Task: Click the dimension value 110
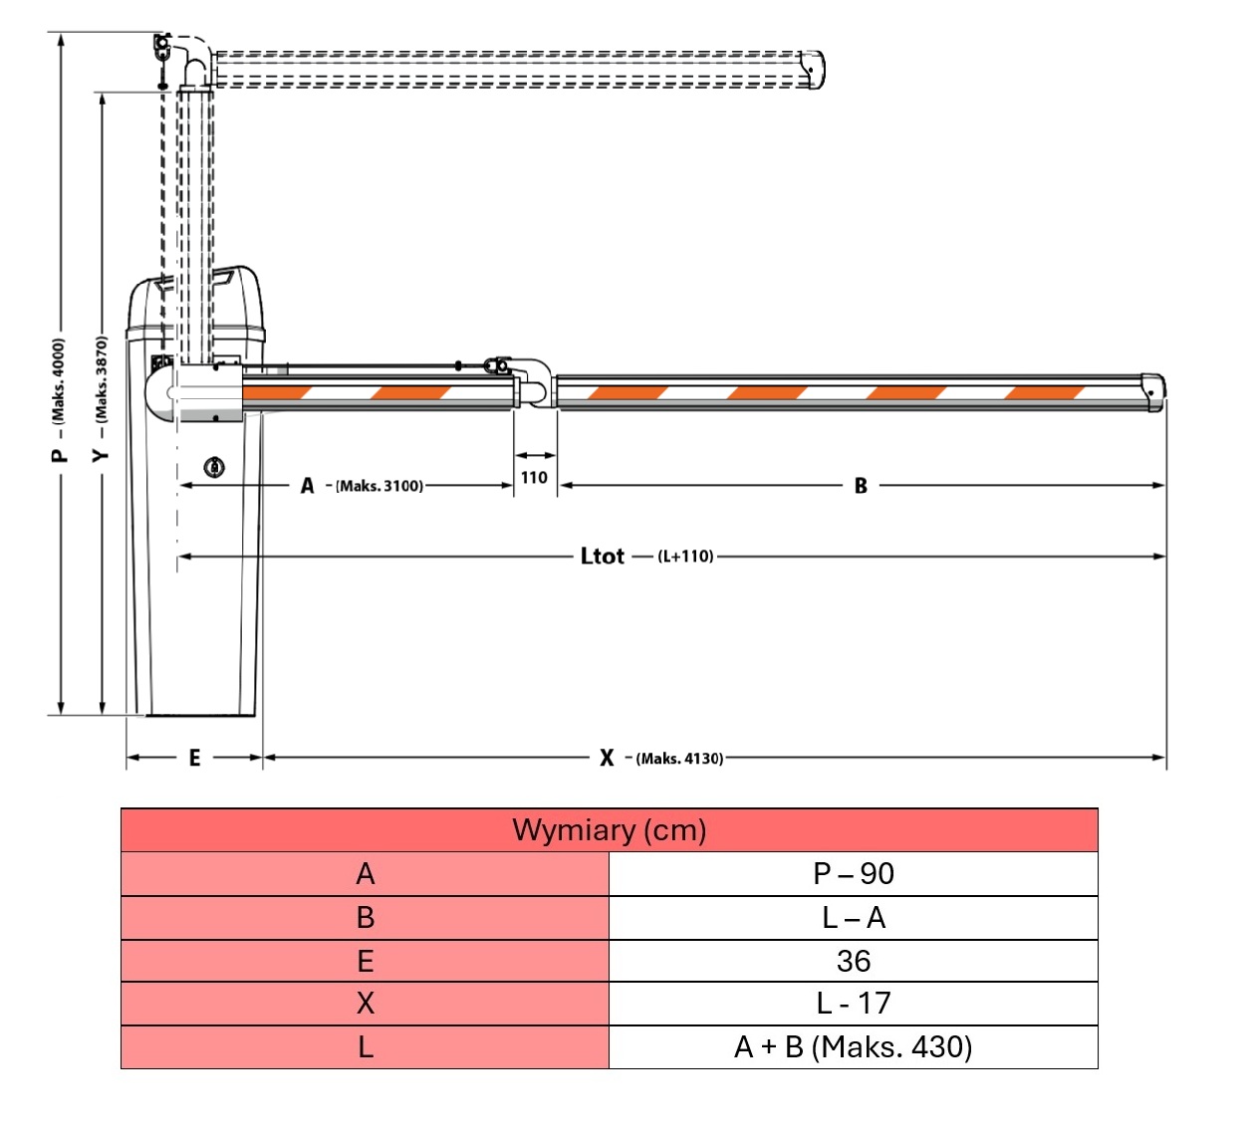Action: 534,478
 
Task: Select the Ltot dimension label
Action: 602,557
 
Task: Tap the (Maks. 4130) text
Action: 680,759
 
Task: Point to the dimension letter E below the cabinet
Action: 195,759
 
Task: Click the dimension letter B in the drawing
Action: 861,486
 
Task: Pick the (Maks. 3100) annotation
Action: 379,486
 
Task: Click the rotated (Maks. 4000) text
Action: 58,380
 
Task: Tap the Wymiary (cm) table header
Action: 609,830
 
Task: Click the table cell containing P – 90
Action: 853,874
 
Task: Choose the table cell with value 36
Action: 853,961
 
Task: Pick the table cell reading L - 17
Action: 853,1004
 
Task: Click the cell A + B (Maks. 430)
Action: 853,1047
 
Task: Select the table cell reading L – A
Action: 853,918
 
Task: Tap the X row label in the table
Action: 365,1004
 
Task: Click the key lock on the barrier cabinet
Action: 214,467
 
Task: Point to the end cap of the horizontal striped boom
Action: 1152,391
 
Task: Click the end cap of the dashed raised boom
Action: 814,70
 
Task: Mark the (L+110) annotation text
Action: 685,557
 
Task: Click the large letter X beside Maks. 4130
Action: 607,759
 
